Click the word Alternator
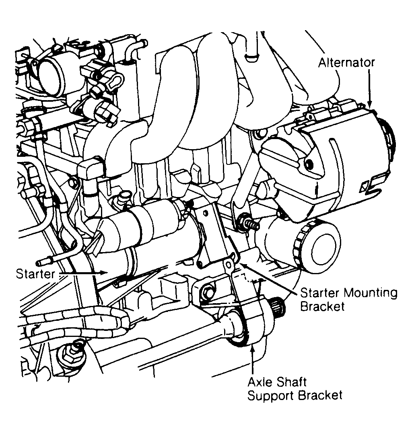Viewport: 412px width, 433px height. click(x=346, y=63)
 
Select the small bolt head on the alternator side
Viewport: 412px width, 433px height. click(x=309, y=164)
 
